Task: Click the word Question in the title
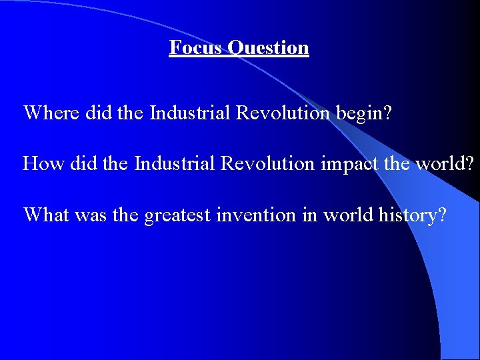tap(268, 48)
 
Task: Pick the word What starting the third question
tap(46, 215)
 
